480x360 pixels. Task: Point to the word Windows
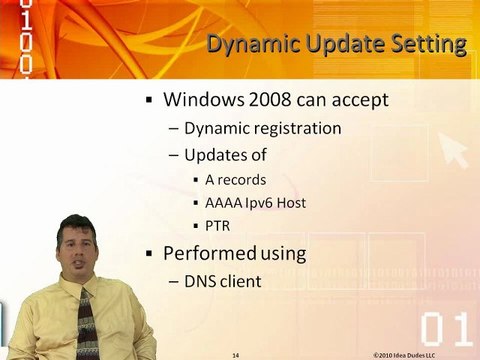(206, 101)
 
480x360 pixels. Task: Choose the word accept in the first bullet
(361, 101)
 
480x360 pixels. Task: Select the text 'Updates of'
(226, 155)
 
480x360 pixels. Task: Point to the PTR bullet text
(217, 226)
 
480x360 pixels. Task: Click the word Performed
(209, 254)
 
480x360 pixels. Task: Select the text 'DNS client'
(222, 282)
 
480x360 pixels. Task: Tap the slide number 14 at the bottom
(235, 353)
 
